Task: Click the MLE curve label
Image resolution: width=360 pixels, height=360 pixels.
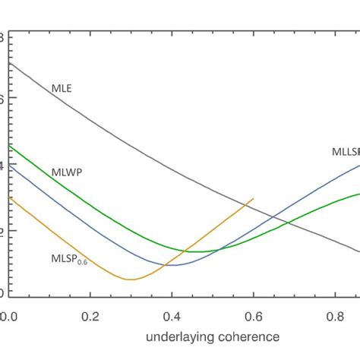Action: point(62,89)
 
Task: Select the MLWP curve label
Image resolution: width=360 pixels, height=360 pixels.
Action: point(67,172)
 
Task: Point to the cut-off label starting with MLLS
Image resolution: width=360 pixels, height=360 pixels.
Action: point(346,152)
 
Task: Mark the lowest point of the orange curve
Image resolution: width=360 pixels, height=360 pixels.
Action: point(131,279)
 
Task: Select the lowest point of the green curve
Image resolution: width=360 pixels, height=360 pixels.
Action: point(196,251)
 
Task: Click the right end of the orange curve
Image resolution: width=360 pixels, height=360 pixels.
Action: point(254,198)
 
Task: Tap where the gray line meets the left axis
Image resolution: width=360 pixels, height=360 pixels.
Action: point(8,63)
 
